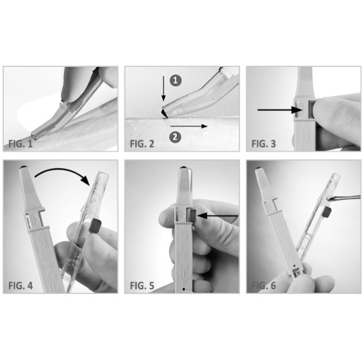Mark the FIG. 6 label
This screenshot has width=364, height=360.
265,283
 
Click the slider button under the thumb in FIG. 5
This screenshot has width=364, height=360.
190,216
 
